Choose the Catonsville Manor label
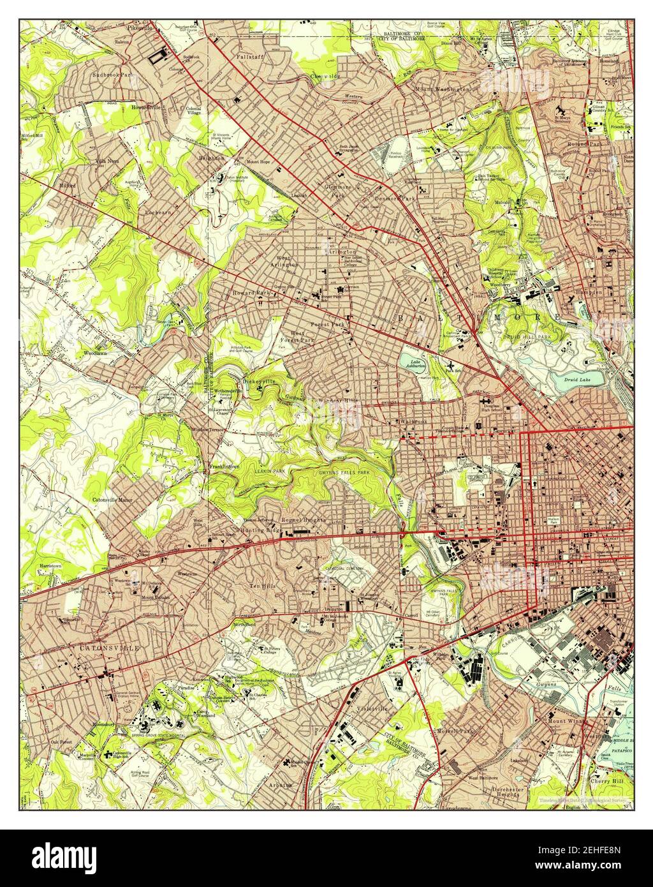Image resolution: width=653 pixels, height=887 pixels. [x=112, y=500]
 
